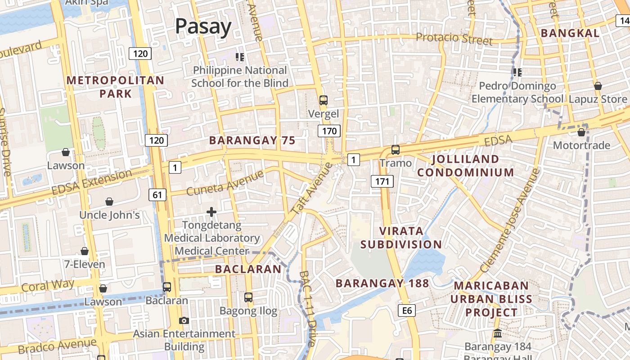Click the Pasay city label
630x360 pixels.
[203, 27]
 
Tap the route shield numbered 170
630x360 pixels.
[329, 131]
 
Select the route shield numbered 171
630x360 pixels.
[382, 181]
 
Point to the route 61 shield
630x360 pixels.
[157, 195]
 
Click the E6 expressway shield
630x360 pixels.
[407, 310]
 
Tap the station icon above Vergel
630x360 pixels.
[323, 100]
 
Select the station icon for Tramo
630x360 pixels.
[395, 149]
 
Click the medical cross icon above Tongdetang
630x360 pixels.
[211, 211]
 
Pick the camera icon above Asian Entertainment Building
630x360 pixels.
[184, 320]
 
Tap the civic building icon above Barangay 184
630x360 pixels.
[498, 333]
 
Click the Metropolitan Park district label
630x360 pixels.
[116, 87]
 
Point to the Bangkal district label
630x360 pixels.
[570, 33]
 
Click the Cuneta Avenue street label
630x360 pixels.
[225, 183]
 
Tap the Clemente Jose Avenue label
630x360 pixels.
[510, 220]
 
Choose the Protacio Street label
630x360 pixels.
[454, 38]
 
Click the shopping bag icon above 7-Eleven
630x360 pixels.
[85, 251]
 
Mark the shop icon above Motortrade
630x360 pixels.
[581, 132]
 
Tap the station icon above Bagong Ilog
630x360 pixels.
[248, 297]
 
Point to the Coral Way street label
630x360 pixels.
[48, 285]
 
